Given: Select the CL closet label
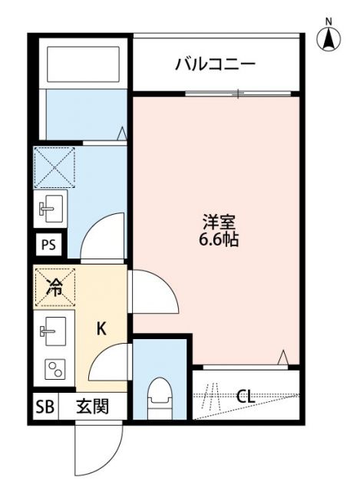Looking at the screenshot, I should pos(246,396).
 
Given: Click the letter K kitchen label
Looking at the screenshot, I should pos(101,328).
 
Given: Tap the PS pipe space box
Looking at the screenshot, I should pos(48,245).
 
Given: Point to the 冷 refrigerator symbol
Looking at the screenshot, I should pos(55,287).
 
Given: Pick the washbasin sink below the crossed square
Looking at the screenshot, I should pos(52,206).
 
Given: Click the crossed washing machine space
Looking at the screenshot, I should pos(54,165).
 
